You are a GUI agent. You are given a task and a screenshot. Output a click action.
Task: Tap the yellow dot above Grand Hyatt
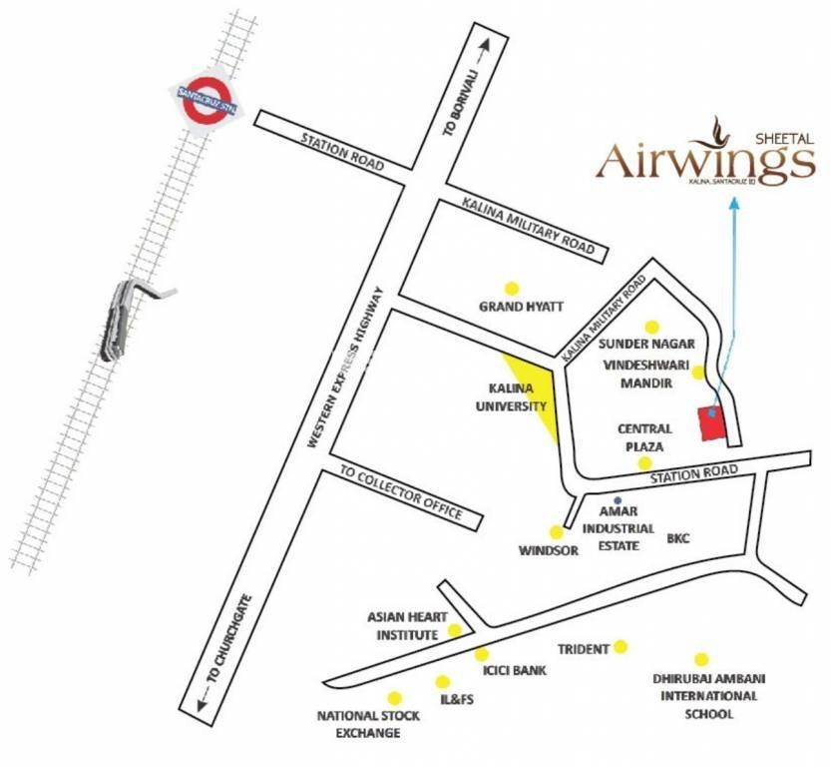click(513, 287)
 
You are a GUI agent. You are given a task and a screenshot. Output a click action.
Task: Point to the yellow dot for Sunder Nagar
click(652, 327)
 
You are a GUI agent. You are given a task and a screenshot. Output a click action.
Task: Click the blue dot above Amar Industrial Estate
click(618, 499)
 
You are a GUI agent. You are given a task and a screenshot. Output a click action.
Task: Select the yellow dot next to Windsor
click(556, 532)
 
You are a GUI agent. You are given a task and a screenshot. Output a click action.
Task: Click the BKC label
click(678, 538)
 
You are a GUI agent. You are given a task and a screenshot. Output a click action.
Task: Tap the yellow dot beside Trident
click(622, 647)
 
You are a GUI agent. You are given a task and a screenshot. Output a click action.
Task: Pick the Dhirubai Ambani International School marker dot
click(701, 659)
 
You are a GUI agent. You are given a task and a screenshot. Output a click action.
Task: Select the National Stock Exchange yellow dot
click(395, 698)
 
